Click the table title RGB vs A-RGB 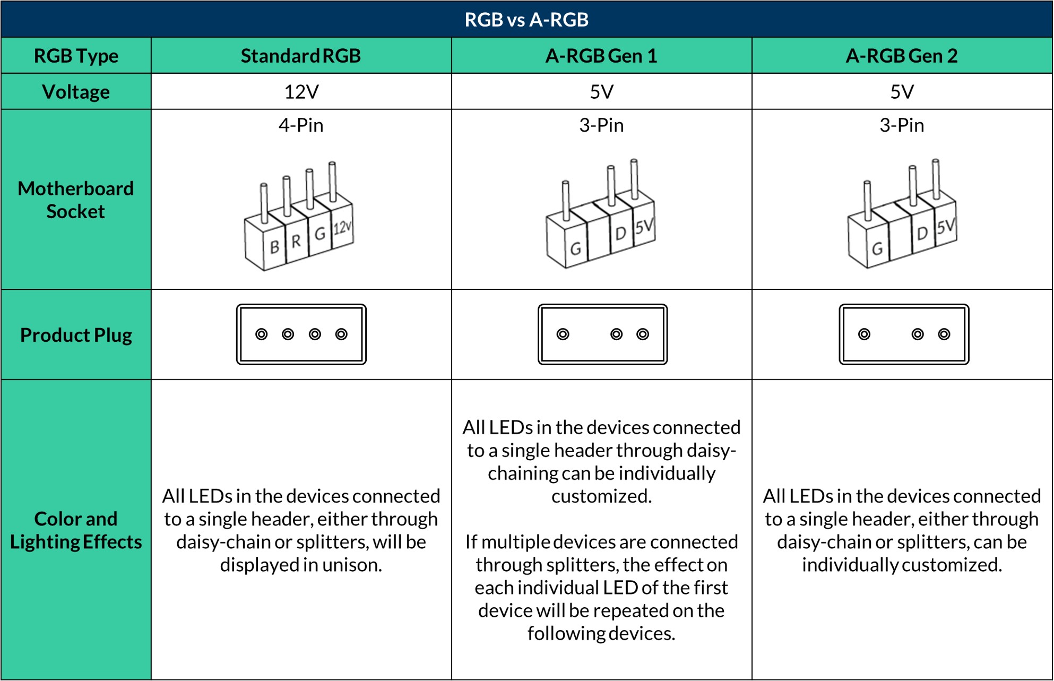(526, 20)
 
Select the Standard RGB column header (301, 56)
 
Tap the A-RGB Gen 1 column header (601, 56)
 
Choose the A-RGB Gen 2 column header (902, 56)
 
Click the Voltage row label (76, 92)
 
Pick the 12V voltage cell (301, 92)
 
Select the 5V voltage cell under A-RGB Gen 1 (601, 92)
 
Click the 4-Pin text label (301, 125)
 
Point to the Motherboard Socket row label (76, 200)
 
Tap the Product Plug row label (76, 335)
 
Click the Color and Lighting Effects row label (76, 530)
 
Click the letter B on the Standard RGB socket (274, 247)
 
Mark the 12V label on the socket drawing (342, 228)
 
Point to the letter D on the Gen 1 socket (620, 234)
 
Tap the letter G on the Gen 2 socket (877, 248)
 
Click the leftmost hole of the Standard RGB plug (262, 334)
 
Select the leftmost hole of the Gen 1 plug (563, 334)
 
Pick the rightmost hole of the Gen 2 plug (944, 334)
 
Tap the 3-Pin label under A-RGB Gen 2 (902, 125)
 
